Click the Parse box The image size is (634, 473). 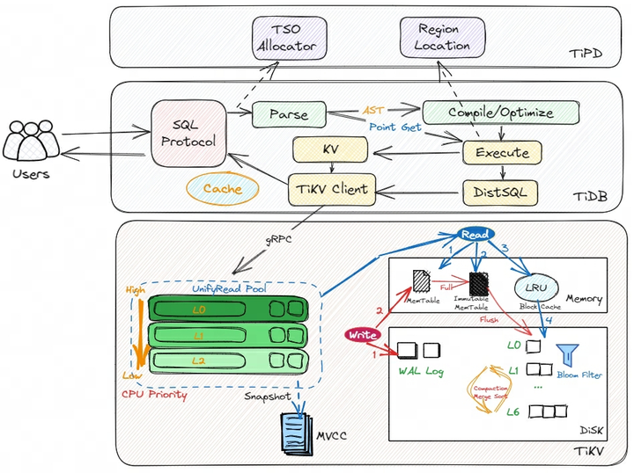coord(289,113)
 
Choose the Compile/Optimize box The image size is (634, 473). coord(500,113)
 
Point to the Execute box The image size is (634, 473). coord(502,152)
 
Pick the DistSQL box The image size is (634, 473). coord(500,191)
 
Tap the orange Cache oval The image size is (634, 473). coord(222,189)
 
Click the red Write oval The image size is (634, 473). coord(362,334)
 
